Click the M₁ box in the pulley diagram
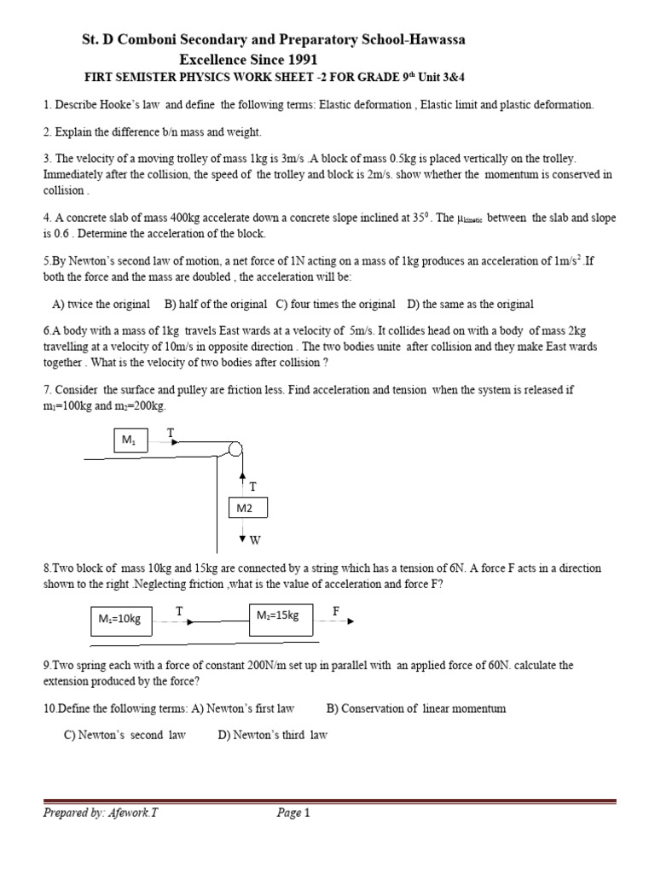[x=130, y=440]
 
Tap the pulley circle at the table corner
[x=236, y=450]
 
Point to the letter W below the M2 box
[x=254, y=539]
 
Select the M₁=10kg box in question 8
[x=120, y=621]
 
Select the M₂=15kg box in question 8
[x=281, y=616]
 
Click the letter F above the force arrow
[x=336, y=610]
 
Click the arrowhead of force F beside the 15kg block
[x=350, y=621]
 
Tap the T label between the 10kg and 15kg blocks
[x=179, y=611]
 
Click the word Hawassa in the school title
[x=432, y=40]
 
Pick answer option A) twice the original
[x=101, y=304]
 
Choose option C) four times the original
[x=335, y=304]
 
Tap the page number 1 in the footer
[x=306, y=813]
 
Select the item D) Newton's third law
[x=272, y=734]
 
